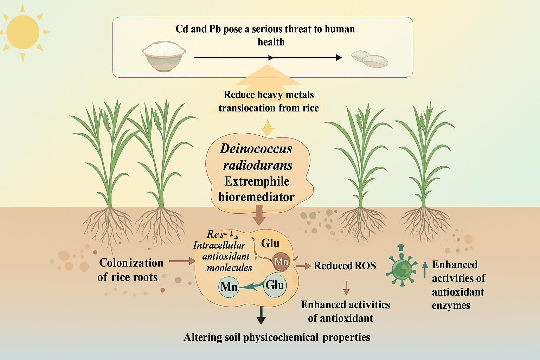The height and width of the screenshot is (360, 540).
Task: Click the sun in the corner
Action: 23,33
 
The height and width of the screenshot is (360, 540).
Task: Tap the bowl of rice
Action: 164,56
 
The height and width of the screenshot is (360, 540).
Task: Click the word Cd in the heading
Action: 182,29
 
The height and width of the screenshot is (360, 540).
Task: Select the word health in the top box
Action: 271,42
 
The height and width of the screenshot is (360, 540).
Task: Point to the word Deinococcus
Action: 256,148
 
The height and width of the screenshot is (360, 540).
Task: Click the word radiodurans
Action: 258,166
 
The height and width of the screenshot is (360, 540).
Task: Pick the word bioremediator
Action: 257,197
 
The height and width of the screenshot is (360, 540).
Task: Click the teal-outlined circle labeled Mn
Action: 229,287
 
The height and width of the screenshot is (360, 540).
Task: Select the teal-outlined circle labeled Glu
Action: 275,285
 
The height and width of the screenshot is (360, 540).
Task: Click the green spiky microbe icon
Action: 401,269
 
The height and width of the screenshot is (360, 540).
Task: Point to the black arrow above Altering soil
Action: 261,316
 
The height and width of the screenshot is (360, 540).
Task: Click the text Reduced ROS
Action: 345,266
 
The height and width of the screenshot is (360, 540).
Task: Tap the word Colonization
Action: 131,263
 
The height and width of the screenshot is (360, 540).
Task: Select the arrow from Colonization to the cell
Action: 182,261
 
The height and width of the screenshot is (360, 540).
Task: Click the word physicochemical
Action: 281,337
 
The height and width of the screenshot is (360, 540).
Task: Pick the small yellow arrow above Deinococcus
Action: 267,128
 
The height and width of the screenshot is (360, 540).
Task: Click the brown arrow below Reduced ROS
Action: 346,288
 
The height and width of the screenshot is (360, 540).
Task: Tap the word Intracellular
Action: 219,245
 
